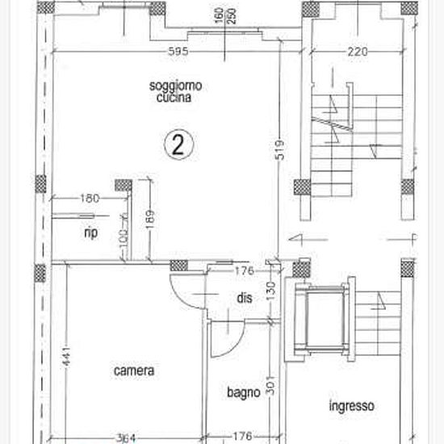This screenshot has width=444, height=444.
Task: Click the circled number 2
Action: pyautogui.click(x=178, y=145)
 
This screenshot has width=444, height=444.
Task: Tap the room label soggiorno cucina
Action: pyautogui.click(x=175, y=91)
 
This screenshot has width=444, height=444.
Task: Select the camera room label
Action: pyautogui.click(x=134, y=371)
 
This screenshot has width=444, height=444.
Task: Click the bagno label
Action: pyautogui.click(x=244, y=393)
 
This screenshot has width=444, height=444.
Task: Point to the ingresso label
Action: pyautogui.click(x=352, y=406)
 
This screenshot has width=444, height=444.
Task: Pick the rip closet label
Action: pyautogui.click(x=91, y=232)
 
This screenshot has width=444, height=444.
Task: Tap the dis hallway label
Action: pyautogui.click(x=245, y=298)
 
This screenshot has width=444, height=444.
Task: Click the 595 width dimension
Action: pyautogui.click(x=178, y=52)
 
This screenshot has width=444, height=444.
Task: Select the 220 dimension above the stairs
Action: pyautogui.click(x=358, y=52)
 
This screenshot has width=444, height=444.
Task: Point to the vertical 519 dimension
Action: pyautogui.click(x=280, y=150)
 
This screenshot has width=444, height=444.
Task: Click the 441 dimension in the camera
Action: pyautogui.click(x=66, y=356)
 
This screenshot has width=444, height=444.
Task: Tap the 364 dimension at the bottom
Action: pyautogui.click(x=126, y=438)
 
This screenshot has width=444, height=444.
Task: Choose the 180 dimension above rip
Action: pyautogui.click(x=90, y=199)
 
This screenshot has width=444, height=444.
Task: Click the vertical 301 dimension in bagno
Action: pyautogui.click(x=270, y=386)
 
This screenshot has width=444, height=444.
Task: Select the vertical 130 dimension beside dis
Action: pyautogui.click(x=270, y=291)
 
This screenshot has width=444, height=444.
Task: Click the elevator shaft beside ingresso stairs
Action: pyautogui.click(x=325, y=319)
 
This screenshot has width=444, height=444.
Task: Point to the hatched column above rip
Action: pyautogui.click(x=124, y=186)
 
